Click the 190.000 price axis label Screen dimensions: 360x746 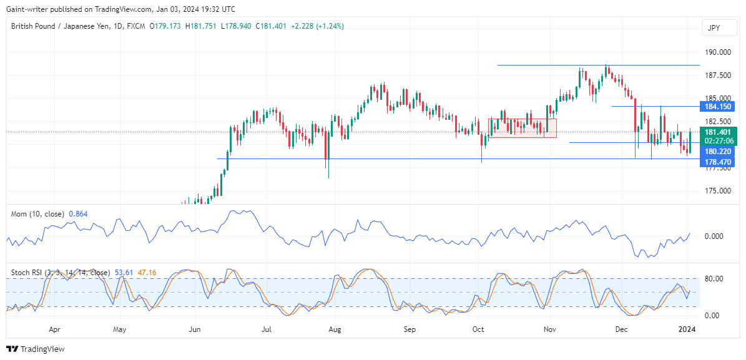(x=718, y=52)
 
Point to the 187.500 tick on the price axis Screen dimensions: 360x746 (x=718, y=75)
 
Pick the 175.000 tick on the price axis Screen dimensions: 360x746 (x=718, y=190)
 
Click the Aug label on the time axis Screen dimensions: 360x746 (x=335, y=328)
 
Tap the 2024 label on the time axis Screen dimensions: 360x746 (x=687, y=328)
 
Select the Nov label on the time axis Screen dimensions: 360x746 (x=549, y=328)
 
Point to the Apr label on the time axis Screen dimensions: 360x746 (x=54, y=328)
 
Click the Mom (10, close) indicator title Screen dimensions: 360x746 (x=37, y=214)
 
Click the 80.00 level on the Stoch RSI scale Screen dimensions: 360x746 (x=714, y=278)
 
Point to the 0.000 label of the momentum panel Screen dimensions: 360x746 (x=714, y=236)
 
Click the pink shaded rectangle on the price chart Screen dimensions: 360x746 (x=522, y=127)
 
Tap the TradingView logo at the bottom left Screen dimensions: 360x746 (x=36, y=349)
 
